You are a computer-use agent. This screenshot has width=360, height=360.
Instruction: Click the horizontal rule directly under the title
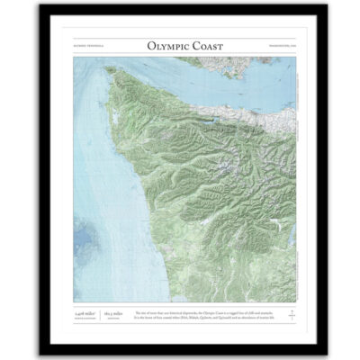point(180,55)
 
